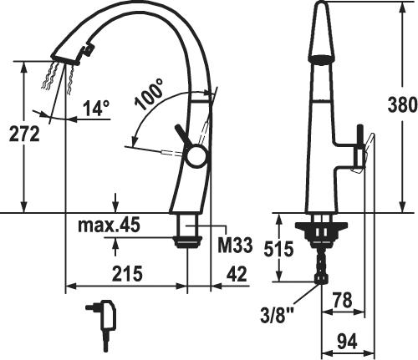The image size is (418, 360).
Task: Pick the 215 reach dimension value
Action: (125, 273)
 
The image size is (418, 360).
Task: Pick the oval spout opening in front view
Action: (323, 60)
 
